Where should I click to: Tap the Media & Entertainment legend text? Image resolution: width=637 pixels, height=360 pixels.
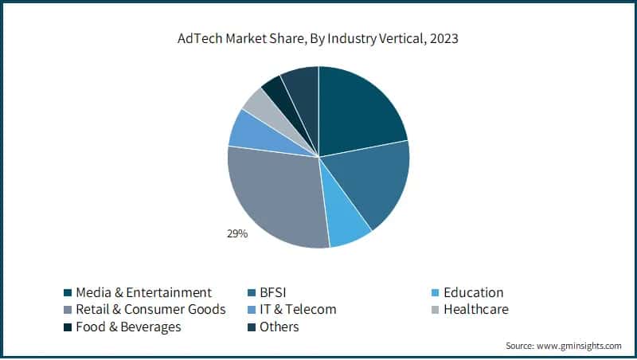143,292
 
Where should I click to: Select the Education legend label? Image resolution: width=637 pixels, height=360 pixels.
473,292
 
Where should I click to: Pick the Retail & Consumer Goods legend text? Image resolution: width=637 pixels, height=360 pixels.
150,309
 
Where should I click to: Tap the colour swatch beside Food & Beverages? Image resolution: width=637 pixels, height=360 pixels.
68,327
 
